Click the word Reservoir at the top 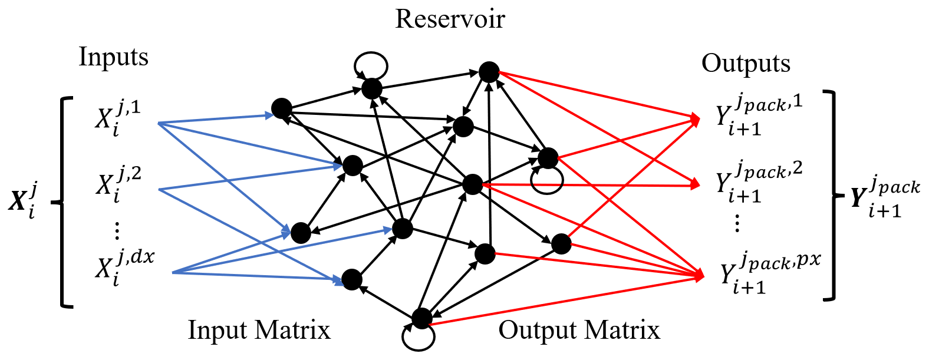[x=450, y=19]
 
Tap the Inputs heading [x=113, y=58]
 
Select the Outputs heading [x=746, y=64]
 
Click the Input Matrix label [x=259, y=330]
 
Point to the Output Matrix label [x=579, y=330]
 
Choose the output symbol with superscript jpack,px [x=769, y=272]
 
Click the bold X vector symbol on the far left [x=24, y=200]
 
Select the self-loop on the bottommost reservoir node [x=418, y=337]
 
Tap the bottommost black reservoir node [x=421, y=318]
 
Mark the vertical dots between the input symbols [x=116, y=230]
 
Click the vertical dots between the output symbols [x=737, y=223]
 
